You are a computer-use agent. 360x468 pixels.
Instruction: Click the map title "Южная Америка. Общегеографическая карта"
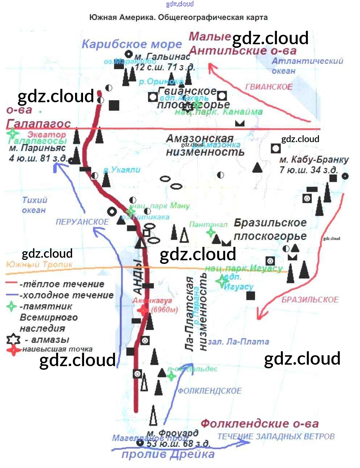coord(178,17)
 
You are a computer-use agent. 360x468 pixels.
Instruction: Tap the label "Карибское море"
coord(132,44)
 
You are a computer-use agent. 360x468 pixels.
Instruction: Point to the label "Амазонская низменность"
coord(205,145)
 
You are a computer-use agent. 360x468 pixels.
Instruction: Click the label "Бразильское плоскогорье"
coord(270,229)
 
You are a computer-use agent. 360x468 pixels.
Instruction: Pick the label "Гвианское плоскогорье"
coord(193,98)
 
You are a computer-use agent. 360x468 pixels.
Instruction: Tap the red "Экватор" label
coord(47,134)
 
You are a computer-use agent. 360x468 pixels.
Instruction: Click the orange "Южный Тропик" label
coord(39,264)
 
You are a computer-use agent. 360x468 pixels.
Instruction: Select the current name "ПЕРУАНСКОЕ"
coord(82,222)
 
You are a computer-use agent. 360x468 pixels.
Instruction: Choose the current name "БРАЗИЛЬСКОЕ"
coord(310,300)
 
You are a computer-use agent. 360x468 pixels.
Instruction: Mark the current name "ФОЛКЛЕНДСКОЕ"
coord(209,391)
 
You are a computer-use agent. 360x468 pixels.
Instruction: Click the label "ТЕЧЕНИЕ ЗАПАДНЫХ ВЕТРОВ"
coord(276,436)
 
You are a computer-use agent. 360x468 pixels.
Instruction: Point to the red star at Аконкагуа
coord(143,310)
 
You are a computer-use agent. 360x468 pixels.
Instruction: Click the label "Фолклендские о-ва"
coord(260,423)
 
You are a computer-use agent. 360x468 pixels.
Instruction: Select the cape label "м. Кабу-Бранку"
coord(314,160)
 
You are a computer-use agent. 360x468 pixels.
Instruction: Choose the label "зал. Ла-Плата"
coord(239,341)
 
